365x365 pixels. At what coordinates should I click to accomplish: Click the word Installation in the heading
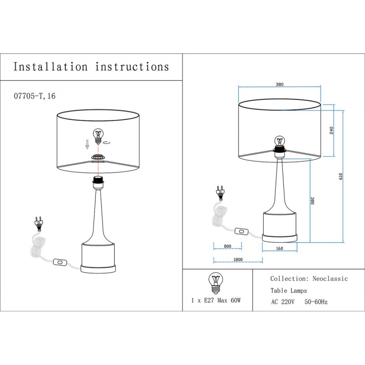[50, 67]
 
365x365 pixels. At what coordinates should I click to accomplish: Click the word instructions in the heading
[132, 67]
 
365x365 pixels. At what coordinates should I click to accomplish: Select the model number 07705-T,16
[35, 96]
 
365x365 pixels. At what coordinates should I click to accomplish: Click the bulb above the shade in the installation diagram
[99, 136]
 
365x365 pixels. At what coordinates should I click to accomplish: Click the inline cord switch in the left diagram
[59, 262]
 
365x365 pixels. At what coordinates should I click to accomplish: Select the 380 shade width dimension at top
[280, 84]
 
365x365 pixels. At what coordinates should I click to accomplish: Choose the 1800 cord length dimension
[237, 260]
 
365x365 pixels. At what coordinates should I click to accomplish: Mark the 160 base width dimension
[280, 249]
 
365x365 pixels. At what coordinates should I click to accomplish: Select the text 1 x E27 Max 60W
[216, 301]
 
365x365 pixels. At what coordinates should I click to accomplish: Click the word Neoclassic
[330, 278]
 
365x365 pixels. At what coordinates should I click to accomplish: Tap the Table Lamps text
[289, 290]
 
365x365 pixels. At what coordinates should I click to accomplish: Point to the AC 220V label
[283, 302]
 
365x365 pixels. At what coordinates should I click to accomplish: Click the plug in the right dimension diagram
[220, 192]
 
